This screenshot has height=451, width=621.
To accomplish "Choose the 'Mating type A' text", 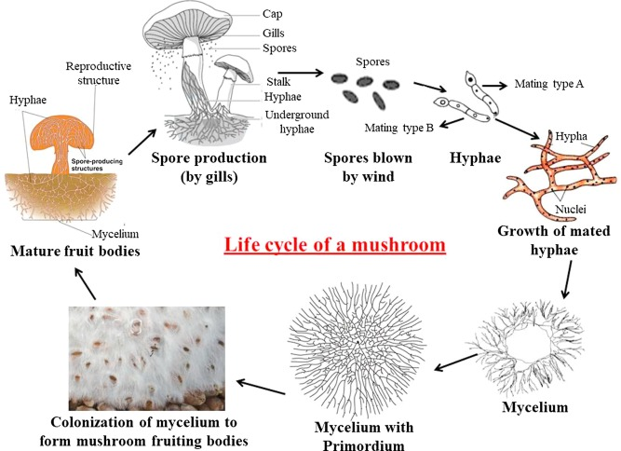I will tap(549, 84).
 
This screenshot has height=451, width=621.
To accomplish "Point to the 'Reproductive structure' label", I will tap(101, 74).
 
